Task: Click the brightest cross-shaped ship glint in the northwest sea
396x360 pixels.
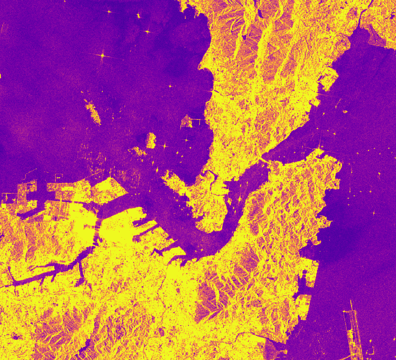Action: click(x=102, y=55)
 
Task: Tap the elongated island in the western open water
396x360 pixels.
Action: click(x=93, y=111)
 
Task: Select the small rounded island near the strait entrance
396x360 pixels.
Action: click(x=151, y=140)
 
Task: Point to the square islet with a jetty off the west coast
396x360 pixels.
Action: click(x=187, y=122)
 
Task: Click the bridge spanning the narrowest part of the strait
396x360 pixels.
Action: click(x=265, y=160)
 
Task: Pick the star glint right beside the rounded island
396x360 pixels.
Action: click(x=164, y=145)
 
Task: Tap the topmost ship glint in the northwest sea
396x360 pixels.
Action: click(x=109, y=12)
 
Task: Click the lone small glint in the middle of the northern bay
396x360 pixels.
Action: click(x=170, y=86)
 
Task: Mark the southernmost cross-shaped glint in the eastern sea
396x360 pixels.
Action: click(x=374, y=213)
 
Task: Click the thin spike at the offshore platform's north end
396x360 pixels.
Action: click(x=351, y=304)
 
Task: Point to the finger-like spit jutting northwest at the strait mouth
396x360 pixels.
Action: click(x=173, y=178)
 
